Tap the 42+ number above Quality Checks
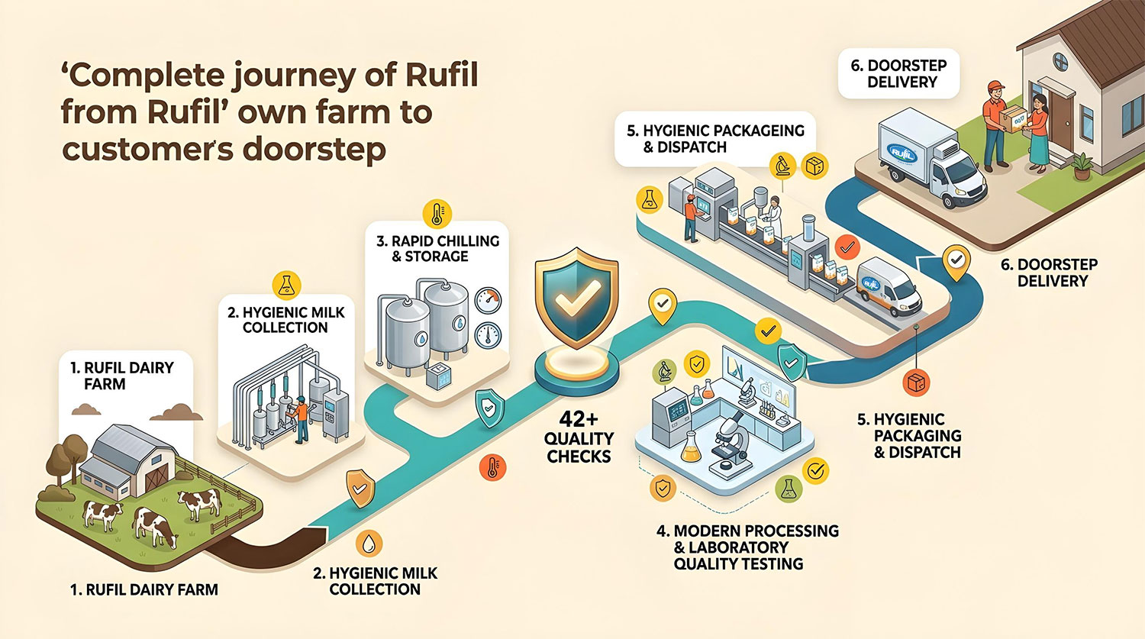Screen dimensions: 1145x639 578,420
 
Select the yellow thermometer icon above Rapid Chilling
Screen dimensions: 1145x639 437,214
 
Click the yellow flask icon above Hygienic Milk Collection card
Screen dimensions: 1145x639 286,285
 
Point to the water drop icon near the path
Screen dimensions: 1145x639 369,543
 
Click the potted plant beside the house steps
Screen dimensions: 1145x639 1082,166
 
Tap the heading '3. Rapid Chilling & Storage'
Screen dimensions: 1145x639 438,248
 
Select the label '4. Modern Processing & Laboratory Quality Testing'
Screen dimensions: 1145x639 747,547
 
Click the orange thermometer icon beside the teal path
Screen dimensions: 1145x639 492,467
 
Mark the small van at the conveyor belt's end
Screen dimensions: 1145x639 889,286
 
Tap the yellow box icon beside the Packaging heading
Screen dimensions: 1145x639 814,166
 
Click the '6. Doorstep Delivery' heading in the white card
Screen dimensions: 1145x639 899,73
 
